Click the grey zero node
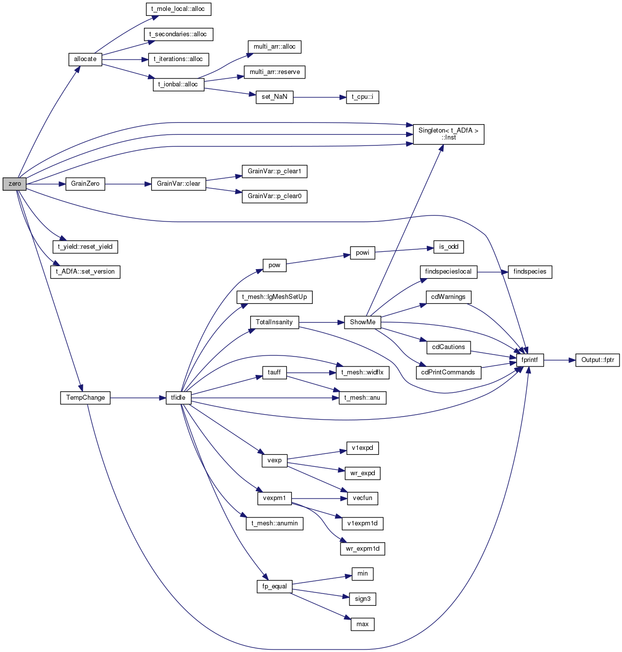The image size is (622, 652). [x=14, y=184]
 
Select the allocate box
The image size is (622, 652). [x=85, y=60]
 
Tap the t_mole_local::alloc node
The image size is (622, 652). [x=178, y=9]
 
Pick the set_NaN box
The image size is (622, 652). [x=274, y=97]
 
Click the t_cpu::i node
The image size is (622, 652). [x=362, y=97]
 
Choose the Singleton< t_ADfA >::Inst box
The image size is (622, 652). [x=448, y=134]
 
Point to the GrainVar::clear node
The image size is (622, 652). [x=178, y=184]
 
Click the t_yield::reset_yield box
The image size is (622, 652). [x=85, y=247]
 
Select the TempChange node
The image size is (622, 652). [x=85, y=398]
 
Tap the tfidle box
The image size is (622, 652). [x=178, y=398]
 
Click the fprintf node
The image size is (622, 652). [x=530, y=360]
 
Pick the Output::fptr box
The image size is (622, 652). [x=598, y=360]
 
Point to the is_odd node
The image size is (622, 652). [x=448, y=247]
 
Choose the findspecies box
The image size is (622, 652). [x=530, y=272]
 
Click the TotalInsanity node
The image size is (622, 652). [x=274, y=322]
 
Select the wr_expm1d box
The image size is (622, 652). [x=362, y=549]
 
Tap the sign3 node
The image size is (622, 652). [x=362, y=599]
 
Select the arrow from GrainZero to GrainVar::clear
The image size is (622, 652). [x=128, y=184]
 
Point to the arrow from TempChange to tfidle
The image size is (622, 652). [x=138, y=398]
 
